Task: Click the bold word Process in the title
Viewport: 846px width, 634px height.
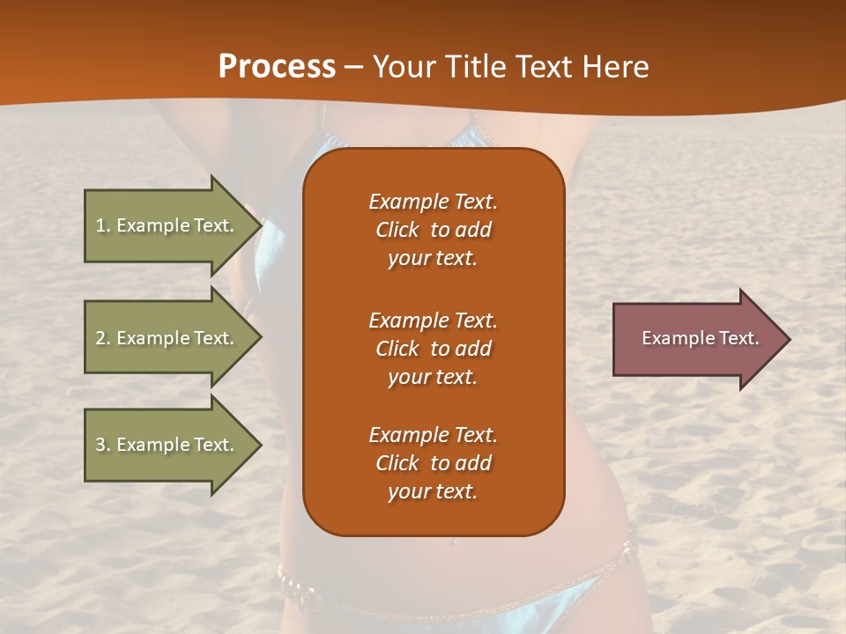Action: tap(277, 67)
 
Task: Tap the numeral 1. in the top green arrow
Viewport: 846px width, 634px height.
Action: tap(103, 225)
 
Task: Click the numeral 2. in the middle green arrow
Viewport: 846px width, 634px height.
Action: tap(103, 338)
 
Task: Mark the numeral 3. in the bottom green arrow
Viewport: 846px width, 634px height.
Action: tap(103, 445)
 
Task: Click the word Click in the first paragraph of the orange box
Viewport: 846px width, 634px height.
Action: tap(397, 230)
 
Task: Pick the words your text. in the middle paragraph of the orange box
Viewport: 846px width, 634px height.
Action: tap(433, 377)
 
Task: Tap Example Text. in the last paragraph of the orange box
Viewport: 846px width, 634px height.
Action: tap(433, 435)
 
